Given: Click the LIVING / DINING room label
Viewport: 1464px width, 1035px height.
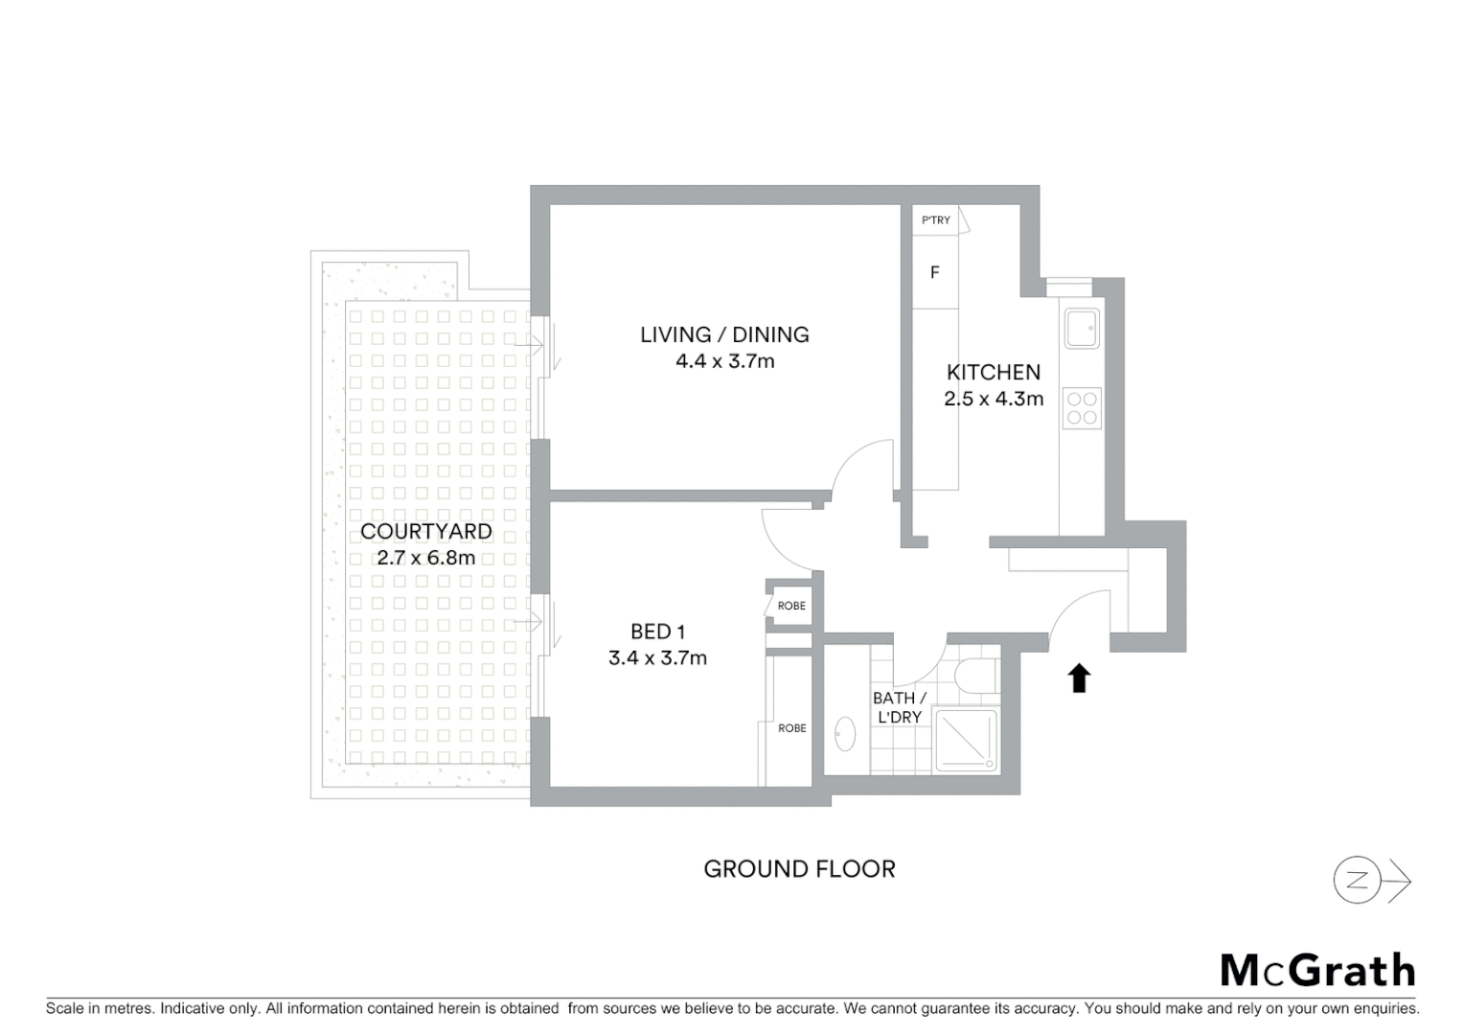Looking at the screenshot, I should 724,334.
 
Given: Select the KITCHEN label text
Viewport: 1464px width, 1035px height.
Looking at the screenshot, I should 993,372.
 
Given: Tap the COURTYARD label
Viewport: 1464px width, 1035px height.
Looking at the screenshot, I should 425,531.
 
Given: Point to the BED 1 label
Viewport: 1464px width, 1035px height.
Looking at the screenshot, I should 657,632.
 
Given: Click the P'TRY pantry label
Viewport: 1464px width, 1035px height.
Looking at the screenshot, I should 936,220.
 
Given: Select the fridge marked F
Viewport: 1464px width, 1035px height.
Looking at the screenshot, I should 935,273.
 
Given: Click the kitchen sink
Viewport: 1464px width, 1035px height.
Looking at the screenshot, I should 1083,328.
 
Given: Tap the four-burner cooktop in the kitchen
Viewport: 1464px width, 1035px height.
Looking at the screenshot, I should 1083,408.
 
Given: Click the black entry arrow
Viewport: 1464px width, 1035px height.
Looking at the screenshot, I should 1079,678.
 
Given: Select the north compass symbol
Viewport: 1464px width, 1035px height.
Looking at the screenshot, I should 1359,881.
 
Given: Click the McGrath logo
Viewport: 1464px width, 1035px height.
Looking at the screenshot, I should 1317,970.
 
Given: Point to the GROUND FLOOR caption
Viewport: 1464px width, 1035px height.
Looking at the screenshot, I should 799,869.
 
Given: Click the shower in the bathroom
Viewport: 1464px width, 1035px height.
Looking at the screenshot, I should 966,740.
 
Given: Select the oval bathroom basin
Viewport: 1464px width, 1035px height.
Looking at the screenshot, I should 844,734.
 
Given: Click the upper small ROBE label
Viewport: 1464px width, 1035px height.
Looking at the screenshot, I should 791,606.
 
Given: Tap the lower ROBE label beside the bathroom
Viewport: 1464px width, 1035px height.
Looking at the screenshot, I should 791,728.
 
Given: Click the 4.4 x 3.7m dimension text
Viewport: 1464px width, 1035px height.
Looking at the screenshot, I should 724,361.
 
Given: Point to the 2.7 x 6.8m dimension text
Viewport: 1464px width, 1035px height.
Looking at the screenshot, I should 425,558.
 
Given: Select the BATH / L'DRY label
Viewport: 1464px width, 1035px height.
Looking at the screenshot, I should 899,707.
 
